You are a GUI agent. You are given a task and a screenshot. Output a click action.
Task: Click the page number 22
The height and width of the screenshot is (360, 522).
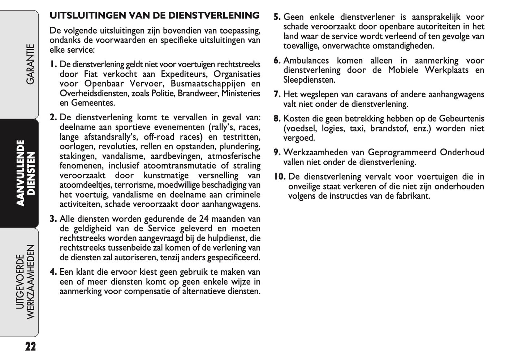(31, 347)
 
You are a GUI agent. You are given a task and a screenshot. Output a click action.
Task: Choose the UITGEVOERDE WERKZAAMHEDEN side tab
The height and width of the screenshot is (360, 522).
(26, 282)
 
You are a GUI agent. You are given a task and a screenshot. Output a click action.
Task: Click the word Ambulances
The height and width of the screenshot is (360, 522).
(306, 61)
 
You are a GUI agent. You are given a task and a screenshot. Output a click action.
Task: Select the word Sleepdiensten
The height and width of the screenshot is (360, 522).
(309, 80)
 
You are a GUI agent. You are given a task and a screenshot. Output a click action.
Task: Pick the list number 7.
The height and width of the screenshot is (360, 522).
(277, 95)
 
